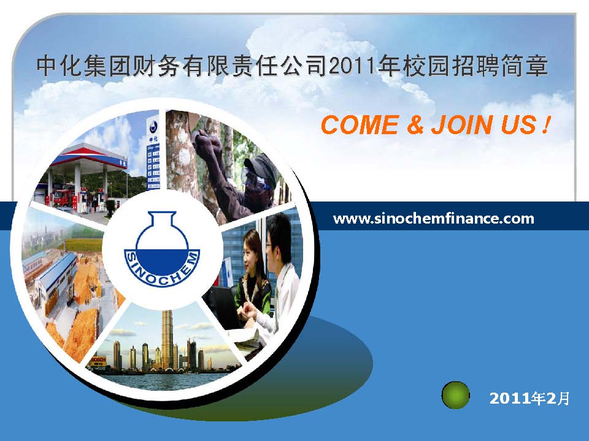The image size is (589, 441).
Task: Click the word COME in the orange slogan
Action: (360, 125)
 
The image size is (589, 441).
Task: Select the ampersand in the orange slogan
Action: (415, 125)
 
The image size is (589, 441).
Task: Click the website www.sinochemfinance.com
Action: (434, 219)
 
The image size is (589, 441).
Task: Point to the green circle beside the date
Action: (455, 395)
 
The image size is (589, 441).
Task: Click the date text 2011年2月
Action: (529, 398)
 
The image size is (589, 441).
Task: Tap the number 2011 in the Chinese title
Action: (352, 66)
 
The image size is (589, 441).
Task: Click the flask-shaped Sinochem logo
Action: (162, 249)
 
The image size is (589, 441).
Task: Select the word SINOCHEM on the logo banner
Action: (162, 271)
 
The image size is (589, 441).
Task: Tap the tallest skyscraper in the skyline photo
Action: (167, 339)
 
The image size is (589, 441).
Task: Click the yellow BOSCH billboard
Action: (98, 361)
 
